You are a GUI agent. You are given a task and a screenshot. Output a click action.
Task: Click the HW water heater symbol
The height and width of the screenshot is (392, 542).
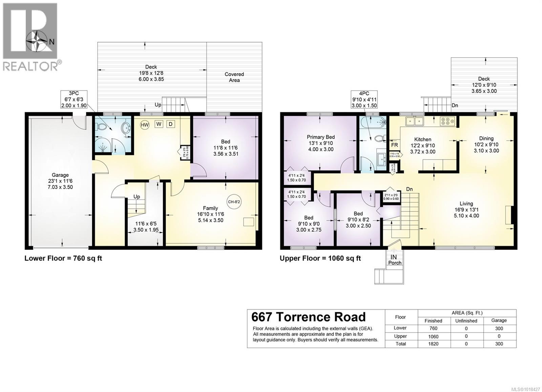click(x=145, y=125)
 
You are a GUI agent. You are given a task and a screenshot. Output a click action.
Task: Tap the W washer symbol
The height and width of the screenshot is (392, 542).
click(x=159, y=124)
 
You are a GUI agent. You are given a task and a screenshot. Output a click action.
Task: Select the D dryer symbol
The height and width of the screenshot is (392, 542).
click(x=170, y=124)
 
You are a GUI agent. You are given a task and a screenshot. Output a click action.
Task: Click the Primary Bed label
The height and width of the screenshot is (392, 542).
click(x=320, y=137)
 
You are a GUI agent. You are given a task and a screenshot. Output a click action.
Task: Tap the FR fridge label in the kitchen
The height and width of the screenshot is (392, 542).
click(x=394, y=145)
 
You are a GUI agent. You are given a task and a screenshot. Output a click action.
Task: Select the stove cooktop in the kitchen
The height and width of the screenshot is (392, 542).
click(x=447, y=121)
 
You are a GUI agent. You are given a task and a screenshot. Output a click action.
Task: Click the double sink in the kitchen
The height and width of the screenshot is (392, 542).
click(x=415, y=121)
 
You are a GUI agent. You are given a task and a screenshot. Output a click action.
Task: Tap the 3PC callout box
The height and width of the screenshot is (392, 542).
click(x=74, y=99)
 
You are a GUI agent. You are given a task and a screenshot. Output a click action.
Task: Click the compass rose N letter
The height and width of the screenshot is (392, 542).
click(x=51, y=42)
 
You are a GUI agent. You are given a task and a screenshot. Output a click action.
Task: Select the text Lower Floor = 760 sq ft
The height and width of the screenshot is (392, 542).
click(x=63, y=258)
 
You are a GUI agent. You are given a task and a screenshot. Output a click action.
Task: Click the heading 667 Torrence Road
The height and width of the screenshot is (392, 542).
click(x=308, y=317)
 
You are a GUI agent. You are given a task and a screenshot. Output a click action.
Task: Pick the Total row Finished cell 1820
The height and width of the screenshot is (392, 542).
click(x=433, y=344)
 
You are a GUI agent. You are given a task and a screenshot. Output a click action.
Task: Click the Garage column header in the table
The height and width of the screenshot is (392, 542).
click(x=499, y=320)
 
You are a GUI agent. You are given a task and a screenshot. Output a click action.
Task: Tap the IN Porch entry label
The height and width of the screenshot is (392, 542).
click(x=394, y=260)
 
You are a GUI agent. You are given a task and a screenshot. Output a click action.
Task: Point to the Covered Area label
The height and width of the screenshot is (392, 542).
click(x=234, y=77)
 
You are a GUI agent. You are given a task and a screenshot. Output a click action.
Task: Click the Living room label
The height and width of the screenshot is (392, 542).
click(x=466, y=204)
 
